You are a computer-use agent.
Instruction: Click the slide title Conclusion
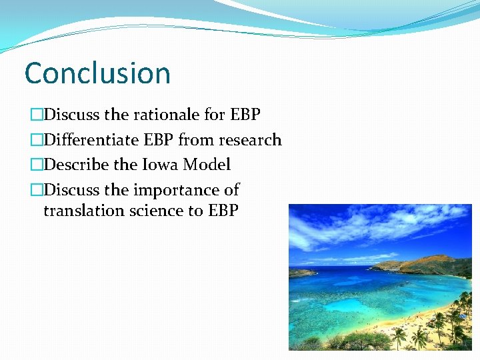pyautogui.click(x=97, y=73)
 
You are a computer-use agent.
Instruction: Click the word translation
pyautogui.click(x=84, y=211)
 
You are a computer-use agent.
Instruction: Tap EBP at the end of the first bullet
pyautogui.click(x=245, y=115)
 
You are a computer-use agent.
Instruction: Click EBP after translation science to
pyautogui.click(x=223, y=211)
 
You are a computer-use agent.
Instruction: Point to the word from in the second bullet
pyautogui.click(x=193, y=140)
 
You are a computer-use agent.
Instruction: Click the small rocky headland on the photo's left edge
pyautogui.click(x=300, y=272)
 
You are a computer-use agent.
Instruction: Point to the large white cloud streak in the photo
pyautogui.click(x=373, y=227)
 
